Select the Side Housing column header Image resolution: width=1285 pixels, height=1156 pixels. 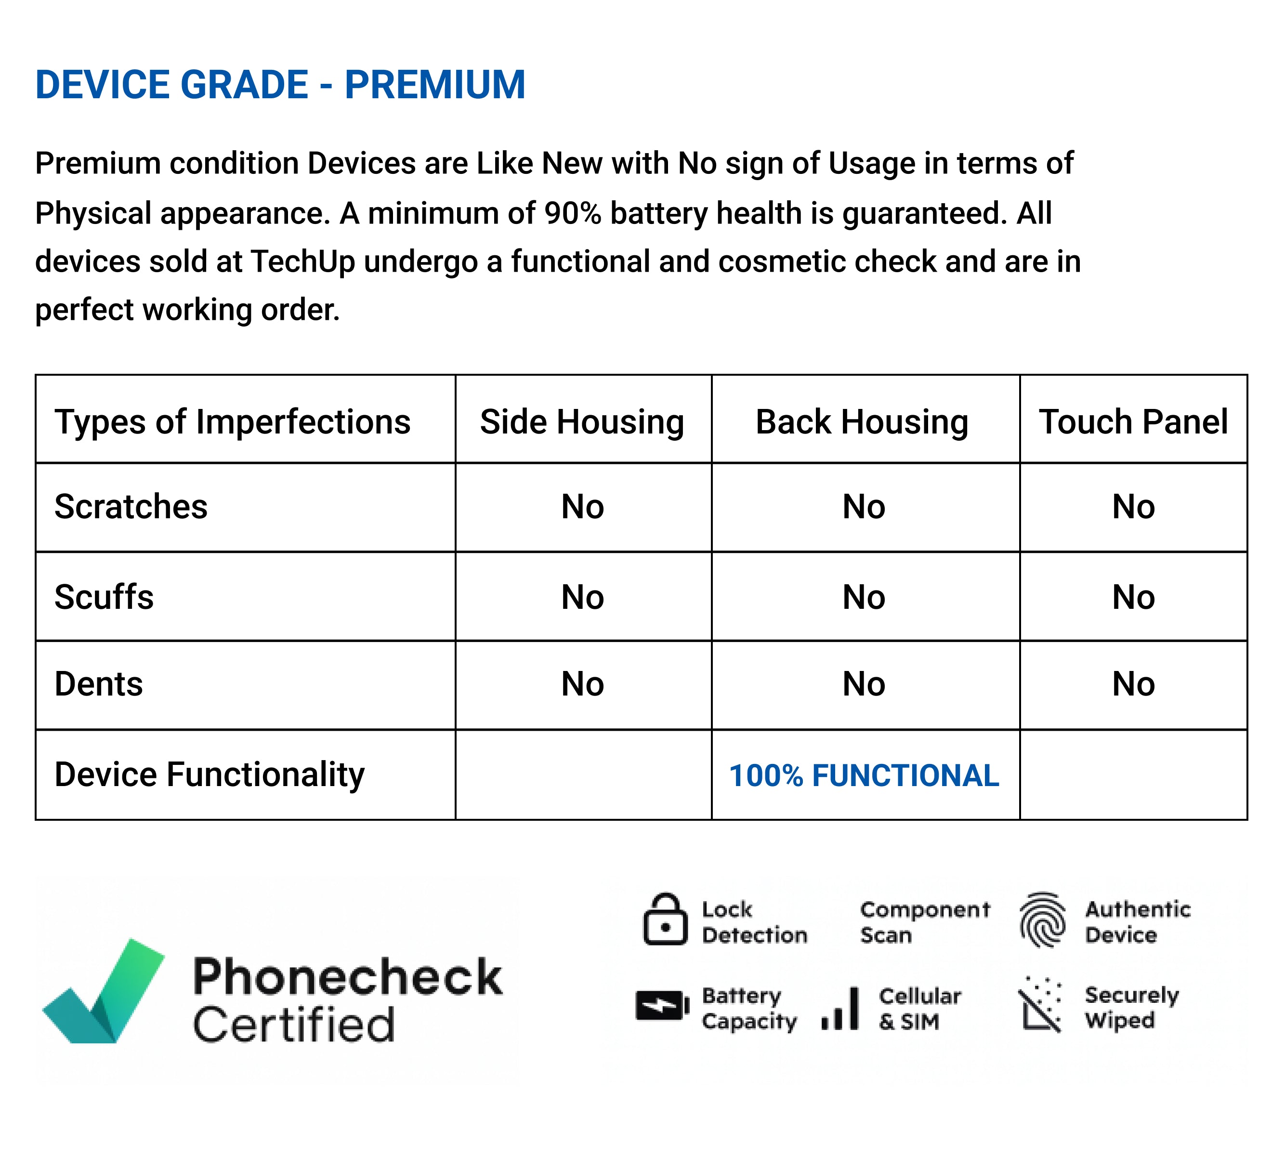click(582, 422)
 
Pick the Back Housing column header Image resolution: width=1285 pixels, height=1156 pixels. click(862, 422)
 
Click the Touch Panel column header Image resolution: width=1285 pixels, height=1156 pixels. click(1133, 422)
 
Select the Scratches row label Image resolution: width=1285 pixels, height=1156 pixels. click(131, 507)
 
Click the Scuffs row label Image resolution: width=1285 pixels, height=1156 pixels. click(104, 597)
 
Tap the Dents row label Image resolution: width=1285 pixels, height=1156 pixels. click(99, 684)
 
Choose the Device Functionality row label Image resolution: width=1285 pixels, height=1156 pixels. click(210, 775)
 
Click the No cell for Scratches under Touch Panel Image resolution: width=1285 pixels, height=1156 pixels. click(1133, 507)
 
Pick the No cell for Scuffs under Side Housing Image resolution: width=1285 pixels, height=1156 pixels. click(582, 597)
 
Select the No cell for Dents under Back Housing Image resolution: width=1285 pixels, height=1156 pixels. click(864, 684)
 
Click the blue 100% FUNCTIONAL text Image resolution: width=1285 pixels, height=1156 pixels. click(864, 775)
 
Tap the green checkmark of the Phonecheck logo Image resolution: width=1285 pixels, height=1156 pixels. click(104, 991)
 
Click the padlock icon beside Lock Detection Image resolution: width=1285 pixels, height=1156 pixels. click(665, 919)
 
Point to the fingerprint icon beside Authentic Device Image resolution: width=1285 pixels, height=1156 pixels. click(1042, 919)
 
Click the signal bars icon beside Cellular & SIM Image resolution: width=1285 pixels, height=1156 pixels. click(840, 1008)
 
